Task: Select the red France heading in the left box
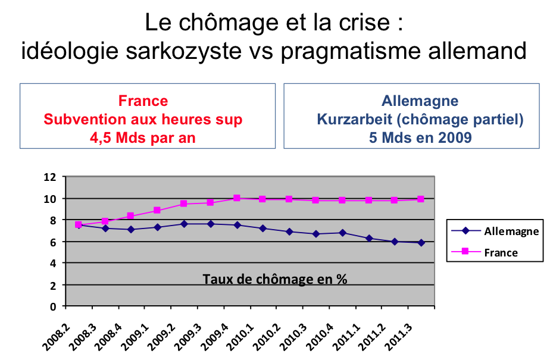click(143, 101)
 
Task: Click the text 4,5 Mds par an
click(143, 137)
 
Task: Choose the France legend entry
click(501, 252)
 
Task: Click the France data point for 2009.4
click(236, 198)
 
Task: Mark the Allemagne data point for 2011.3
click(421, 243)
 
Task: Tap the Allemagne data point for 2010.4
click(342, 233)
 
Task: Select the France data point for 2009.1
click(157, 210)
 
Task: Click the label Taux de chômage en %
click(274, 278)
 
